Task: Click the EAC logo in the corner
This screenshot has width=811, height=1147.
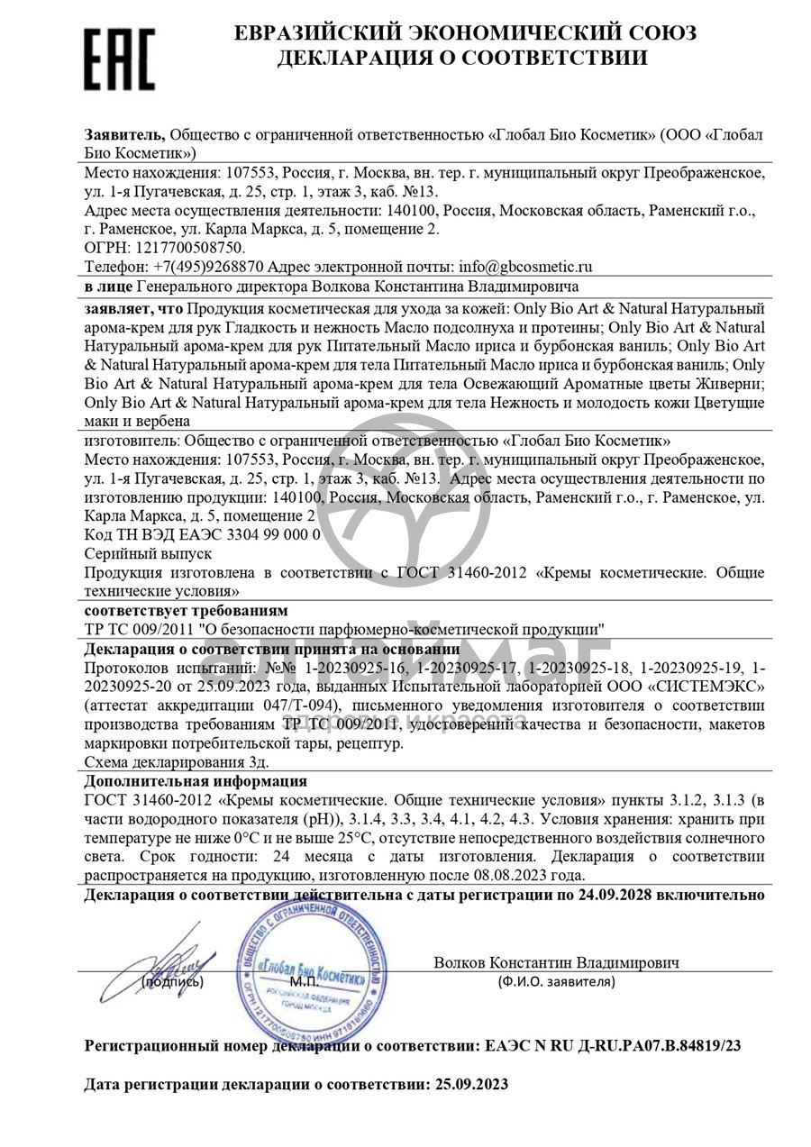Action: pyautogui.click(x=120, y=59)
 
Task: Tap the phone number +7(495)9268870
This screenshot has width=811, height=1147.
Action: pyautogui.click(x=208, y=267)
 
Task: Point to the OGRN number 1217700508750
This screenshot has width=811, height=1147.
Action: pyautogui.click(x=188, y=247)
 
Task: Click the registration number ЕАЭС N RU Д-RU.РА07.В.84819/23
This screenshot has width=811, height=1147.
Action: pyautogui.click(x=614, y=1046)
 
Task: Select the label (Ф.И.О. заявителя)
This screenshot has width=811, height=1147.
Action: pyautogui.click(x=556, y=981)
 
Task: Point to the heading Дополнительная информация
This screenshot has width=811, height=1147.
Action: pyautogui.click(x=196, y=780)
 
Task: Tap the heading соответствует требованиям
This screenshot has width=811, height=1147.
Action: pyautogui.click(x=187, y=610)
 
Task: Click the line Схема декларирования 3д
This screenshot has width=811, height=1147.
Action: pyautogui.click(x=177, y=761)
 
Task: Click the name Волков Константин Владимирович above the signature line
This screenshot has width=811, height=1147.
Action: pyautogui.click(x=556, y=962)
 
